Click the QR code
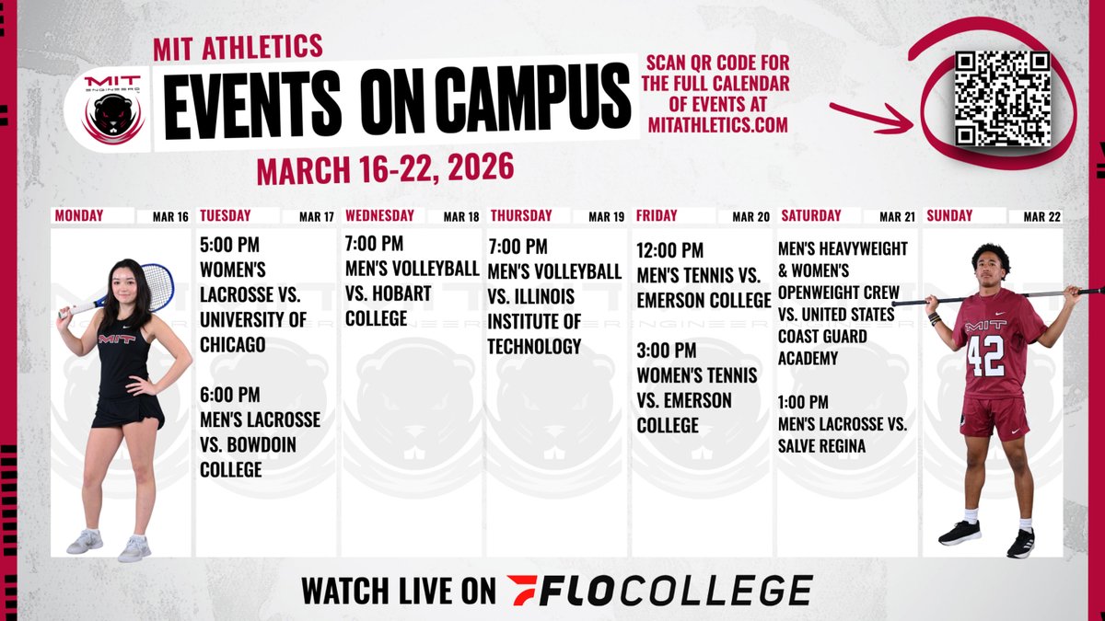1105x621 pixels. tap(1002, 98)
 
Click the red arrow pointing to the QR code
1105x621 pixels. tap(870, 115)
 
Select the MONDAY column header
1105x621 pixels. tap(79, 216)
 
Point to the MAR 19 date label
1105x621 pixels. tap(605, 217)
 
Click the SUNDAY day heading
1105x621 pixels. tap(950, 216)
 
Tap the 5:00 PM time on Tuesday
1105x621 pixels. tap(230, 248)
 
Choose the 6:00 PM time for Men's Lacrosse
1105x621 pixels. tap(230, 396)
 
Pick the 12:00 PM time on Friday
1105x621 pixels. tap(670, 251)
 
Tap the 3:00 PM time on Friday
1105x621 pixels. tap(667, 351)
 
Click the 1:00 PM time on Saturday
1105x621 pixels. tap(803, 402)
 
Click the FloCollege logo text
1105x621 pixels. tap(659, 590)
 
